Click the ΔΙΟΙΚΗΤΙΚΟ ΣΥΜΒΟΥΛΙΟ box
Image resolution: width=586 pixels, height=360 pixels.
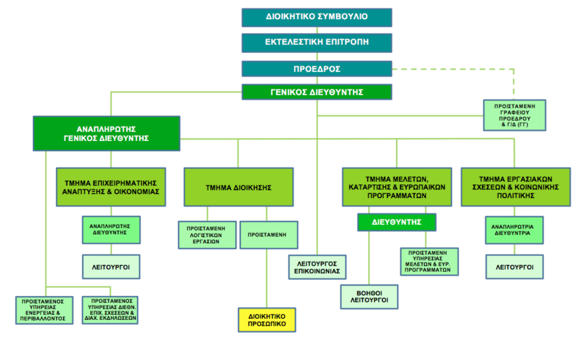(316, 17)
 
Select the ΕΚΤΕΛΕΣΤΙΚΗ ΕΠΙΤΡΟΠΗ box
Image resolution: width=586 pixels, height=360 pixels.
(316, 42)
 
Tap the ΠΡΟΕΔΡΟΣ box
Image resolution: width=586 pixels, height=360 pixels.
(316, 69)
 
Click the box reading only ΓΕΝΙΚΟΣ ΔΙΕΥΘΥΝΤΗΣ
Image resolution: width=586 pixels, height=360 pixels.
(316, 92)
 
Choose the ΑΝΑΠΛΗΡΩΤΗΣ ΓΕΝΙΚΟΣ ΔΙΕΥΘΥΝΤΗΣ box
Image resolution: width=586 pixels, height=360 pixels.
(106, 133)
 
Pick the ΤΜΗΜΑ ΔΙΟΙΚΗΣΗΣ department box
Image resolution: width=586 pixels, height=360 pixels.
(239, 187)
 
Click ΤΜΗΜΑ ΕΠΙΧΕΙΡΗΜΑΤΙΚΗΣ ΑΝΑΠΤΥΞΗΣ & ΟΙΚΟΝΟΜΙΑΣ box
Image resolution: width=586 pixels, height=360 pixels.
(110, 187)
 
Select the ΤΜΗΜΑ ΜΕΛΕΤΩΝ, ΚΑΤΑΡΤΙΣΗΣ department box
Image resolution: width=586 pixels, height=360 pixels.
(397, 187)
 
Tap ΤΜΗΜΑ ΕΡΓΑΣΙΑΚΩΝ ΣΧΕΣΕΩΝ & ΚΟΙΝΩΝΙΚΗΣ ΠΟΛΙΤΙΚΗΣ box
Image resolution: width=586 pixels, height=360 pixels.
(516, 187)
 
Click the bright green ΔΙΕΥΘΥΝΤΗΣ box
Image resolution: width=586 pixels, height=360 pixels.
(397, 222)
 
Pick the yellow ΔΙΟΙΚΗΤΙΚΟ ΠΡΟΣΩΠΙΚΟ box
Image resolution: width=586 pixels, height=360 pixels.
(267, 320)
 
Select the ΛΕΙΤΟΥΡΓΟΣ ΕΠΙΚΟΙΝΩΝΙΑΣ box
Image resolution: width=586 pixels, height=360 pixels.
(317, 267)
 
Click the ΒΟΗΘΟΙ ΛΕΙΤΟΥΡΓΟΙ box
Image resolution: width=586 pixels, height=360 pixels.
(369, 297)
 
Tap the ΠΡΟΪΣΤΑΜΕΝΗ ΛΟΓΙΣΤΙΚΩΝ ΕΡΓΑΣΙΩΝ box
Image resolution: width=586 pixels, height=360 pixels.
(207, 235)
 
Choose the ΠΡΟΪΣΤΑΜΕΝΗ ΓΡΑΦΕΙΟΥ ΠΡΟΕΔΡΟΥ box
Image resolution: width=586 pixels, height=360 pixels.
(514, 115)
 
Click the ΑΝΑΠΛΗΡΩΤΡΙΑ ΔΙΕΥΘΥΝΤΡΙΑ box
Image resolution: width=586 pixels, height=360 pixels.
(514, 230)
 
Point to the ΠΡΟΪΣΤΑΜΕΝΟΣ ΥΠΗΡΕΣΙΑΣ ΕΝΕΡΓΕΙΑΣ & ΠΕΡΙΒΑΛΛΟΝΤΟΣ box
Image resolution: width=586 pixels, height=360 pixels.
(44, 310)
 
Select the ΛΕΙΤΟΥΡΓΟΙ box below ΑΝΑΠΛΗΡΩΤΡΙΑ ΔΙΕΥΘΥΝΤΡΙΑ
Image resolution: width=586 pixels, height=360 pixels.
(514, 267)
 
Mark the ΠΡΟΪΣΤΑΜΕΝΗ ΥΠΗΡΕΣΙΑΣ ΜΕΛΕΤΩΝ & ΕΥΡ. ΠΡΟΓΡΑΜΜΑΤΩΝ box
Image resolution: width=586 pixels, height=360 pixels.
(429, 262)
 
